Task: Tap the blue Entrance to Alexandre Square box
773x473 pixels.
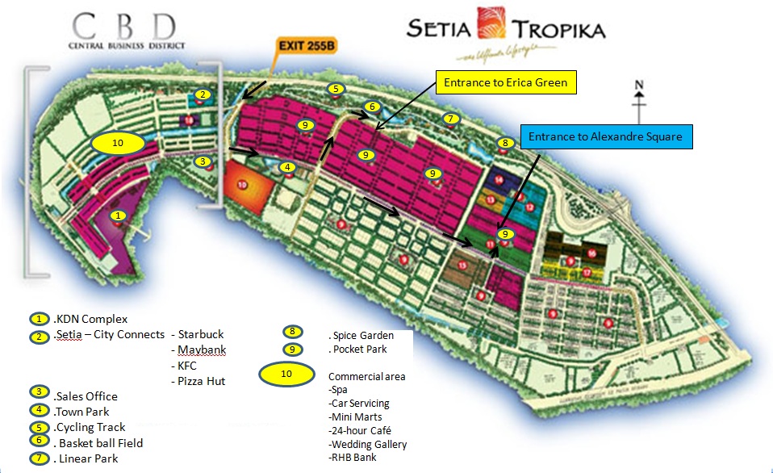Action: click(605, 136)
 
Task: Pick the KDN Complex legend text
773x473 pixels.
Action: click(90, 319)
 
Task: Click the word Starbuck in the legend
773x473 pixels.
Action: click(201, 334)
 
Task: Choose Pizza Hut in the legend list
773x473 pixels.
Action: click(202, 381)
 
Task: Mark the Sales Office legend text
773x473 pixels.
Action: click(86, 396)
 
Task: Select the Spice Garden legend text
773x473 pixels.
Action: click(362, 335)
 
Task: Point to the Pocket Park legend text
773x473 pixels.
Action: click(359, 350)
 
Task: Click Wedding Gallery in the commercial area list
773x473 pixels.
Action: click(369, 444)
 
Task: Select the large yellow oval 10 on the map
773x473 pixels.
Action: click(117, 143)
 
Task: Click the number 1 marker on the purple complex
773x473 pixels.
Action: click(119, 216)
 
